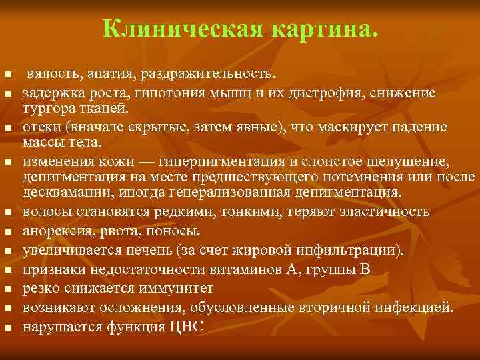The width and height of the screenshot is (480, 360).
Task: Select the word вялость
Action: pos(51,72)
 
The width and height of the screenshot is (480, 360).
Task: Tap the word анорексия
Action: pos(56,232)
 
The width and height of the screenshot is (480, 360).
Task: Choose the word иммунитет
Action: pos(175,289)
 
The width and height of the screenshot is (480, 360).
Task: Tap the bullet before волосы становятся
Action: pos(8,213)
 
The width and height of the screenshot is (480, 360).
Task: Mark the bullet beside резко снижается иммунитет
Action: pos(8,290)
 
